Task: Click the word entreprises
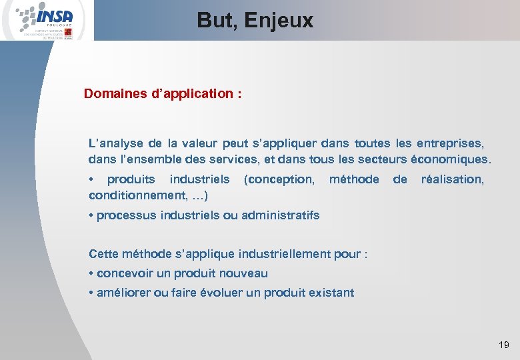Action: click(x=451, y=143)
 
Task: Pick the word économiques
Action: click(x=451, y=160)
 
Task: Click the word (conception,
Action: click(x=279, y=179)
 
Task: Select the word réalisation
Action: click(x=453, y=179)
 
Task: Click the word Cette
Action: click(x=104, y=254)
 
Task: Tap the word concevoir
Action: click(x=125, y=273)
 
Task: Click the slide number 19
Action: click(x=503, y=345)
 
